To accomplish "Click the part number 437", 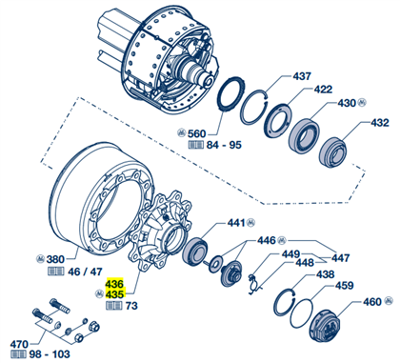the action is pyautogui.click(x=301, y=76).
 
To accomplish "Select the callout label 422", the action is pyautogui.click(x=323, y=90).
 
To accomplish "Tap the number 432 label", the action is pyautogui.click(x=380, y=123).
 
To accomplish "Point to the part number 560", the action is pyautogui.click(x=196, y=133).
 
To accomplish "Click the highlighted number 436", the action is pyautogui.click(x=114, y=283).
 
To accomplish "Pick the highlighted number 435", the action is pyautogui.click(x=114, y=294).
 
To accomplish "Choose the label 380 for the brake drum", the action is pyautogui.click(x=55, y=259).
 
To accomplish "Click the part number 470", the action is pyautogui.click(x=19, y=344).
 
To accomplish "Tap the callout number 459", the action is pyautogui.click(x=344, y=286).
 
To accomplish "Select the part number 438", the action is pyautogui.click(x=325, y=274).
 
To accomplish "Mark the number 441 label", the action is pyautogui.click(x=236, y=223).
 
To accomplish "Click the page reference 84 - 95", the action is pyautogui.click(x=224, y=145).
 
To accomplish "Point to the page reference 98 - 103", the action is pyautogui.click(x=50, y=354).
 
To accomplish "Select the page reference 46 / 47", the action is pyautogui.click(x=85, y=272).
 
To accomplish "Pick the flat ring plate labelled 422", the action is pyautogui.click(x=277, y=121).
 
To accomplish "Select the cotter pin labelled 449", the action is pyautogui.click(x=253, y=284).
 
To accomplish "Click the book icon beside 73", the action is pyautogui.click(x=114, y=306).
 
